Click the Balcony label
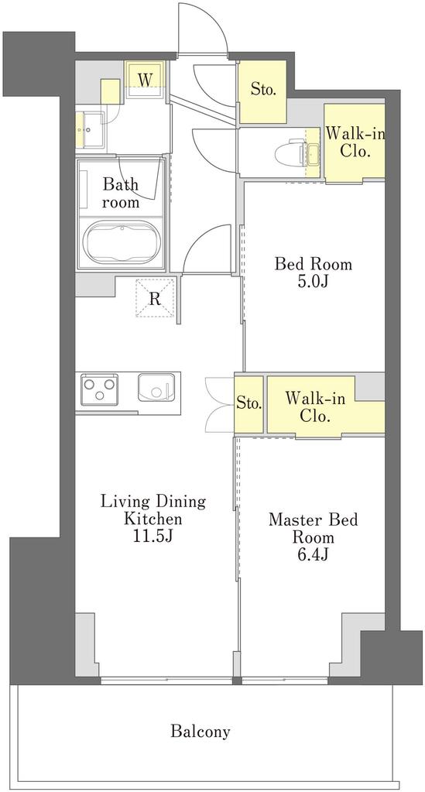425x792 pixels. click(x=201, y=731)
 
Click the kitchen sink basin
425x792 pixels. click(x=156, y=388)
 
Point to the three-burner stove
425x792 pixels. click(x=99, y=389)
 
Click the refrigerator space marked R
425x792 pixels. click(x=155, y=299)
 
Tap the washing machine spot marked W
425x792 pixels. click(x=145, y=80)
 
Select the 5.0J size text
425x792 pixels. click(x=314, y=281)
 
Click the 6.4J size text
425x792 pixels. click(x=314, y=554)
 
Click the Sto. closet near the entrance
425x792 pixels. click(x=262, y=91)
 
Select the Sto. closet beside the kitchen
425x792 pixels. click(x=249, y=404)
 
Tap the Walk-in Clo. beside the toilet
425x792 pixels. click(x=355, y=142)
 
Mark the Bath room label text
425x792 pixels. click(x=121, y=193)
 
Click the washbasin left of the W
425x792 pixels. click(x=92, y=130)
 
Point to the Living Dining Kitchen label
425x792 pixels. click(x=153, y=510)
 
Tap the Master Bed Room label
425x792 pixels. click(x=314, y=528)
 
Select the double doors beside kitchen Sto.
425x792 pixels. click(x=221, y=404)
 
